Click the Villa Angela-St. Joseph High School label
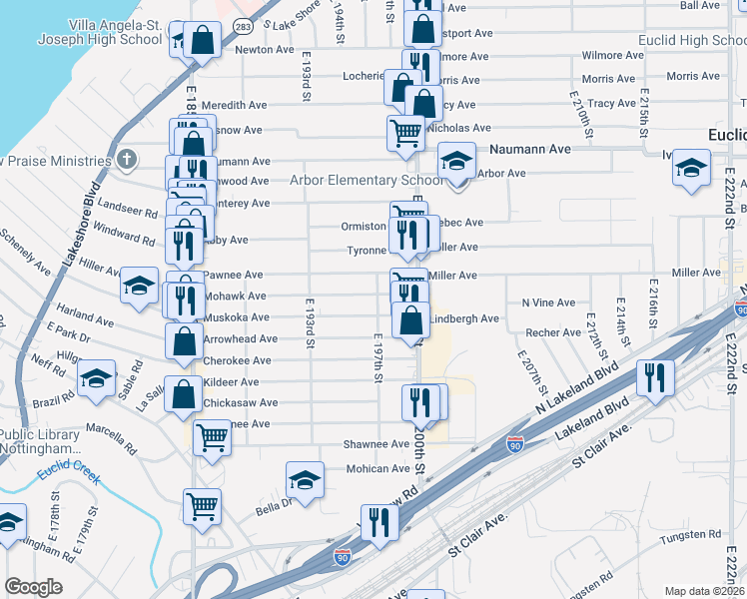[x=115, y=32]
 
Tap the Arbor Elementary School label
[x=366, y=181]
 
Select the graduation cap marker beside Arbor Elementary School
[x=456, y=163]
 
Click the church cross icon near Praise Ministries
[x=127, y=160]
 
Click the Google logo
[x=34, y=587]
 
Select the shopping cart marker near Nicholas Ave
[x=405, y=133]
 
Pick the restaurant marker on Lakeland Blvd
[x=655, y=377]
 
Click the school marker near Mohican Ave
[x=305, y=480]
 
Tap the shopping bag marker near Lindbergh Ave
[x=410, y=320]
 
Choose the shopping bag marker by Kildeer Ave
[x=184, y=393]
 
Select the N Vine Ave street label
[x=548, y=302]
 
